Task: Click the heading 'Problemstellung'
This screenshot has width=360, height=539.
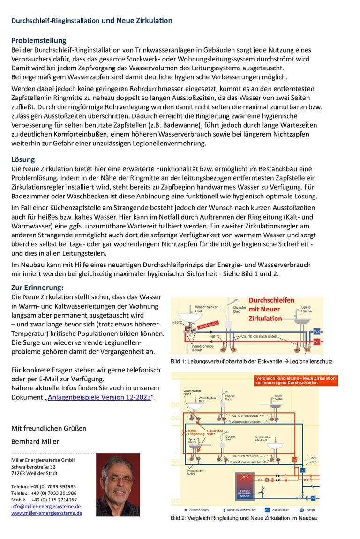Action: pos(39,40)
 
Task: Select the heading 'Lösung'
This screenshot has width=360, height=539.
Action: pos(23,159)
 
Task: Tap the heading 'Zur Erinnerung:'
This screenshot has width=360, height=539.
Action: pos(37,287)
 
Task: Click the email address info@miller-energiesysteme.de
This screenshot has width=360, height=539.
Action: pos(46,506)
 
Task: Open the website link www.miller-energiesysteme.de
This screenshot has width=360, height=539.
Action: pos(46,513)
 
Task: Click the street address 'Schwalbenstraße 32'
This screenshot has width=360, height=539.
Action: pos(33,467)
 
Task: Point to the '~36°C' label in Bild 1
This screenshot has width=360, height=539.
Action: pos(177,323)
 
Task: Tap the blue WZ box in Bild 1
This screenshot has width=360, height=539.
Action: pos(317,332)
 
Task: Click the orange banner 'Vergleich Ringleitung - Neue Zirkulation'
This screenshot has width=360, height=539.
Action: pos(296,380)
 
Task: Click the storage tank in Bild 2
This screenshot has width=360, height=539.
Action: pos(245,488)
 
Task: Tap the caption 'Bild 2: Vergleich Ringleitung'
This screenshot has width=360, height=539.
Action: pos(244,518)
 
